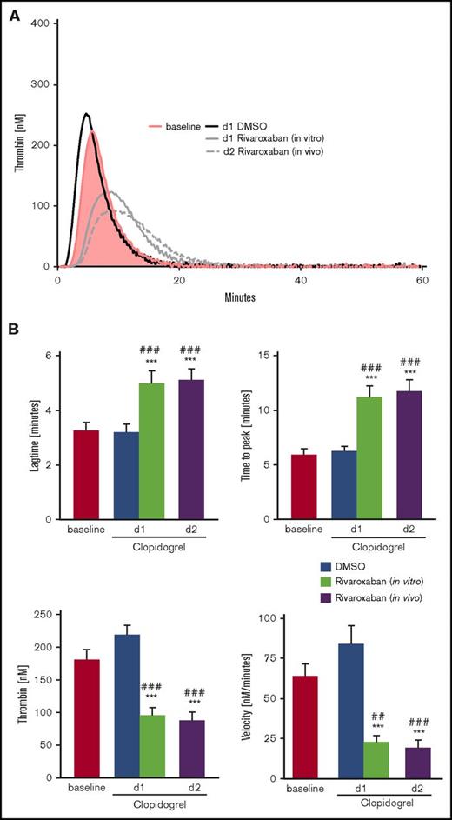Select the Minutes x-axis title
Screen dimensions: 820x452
tap(241, 296)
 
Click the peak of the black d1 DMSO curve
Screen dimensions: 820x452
tap(86, 113)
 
